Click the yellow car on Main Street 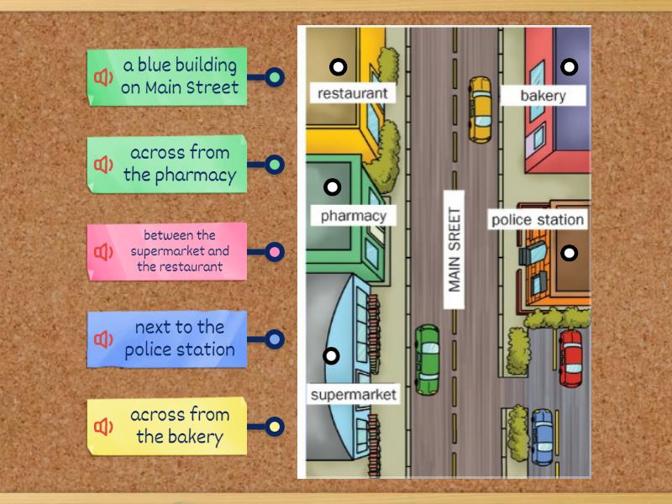[480, 108]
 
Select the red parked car [570, 358]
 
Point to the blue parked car [543, 437]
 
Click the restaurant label [353, 93]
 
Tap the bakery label [543, 96]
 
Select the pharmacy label [353, 216]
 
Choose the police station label [538, 220]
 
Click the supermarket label [353, 394]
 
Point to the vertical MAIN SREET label [454, 249]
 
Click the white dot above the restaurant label [338, 66]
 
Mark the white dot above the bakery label [570, 66]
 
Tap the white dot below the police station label [570, 253]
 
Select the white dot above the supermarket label [332, 356]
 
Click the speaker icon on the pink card [103, 252]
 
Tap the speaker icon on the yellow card [103, 427]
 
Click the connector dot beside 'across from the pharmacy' [275, 165]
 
